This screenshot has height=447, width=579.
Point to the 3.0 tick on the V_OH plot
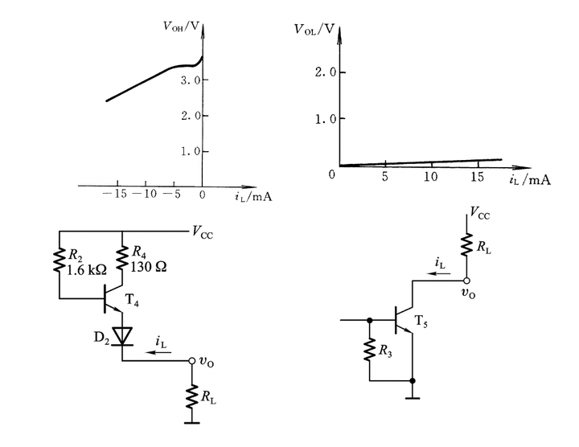[x=190, y=80]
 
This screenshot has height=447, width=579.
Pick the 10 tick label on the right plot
[x=432, y=177]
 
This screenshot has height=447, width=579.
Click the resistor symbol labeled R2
[x=60, y=260]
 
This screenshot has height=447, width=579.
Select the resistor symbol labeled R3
[x=369, y=351]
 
